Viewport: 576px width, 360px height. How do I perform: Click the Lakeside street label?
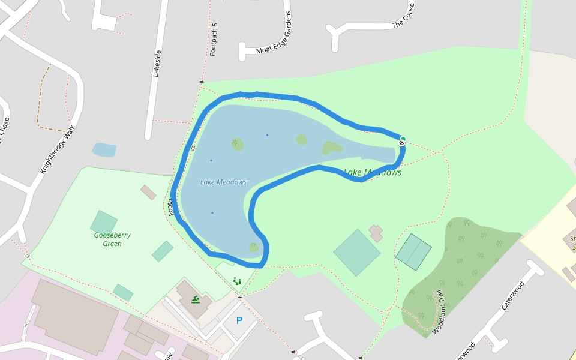pos(158,63)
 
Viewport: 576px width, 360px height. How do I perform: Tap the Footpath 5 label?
pos(214,40)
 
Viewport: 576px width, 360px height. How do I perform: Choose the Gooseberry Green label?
pos(112,239)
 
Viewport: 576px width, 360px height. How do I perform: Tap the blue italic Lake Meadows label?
pos(223,182)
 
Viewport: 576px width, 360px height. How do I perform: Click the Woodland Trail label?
pos(440,313)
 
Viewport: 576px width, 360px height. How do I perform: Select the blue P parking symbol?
pos(239,320)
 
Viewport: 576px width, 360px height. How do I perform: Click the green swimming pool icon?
pos(196,299)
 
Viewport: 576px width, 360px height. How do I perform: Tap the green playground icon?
pos(237,280)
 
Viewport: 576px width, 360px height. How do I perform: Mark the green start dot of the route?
pos(403,139)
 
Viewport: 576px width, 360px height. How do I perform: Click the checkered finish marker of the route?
pos(401,144)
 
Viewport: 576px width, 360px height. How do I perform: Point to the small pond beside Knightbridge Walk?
pos(104,149)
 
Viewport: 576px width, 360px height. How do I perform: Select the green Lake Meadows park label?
pos(373,173)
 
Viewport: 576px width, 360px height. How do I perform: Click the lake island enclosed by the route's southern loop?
pos(254,247)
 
